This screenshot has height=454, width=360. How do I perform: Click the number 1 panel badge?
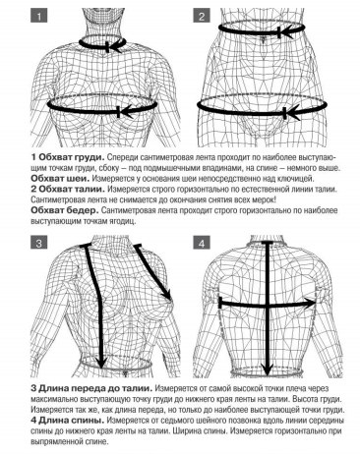click(x=38, y=16)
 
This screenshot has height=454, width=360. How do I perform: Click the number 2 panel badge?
click(x=202, y=16)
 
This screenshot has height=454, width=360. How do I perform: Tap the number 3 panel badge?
click(x=38, y=244)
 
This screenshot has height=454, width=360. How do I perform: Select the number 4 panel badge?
click(x=202, y=244)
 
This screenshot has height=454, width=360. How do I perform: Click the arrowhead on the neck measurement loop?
click(x=115, y=46)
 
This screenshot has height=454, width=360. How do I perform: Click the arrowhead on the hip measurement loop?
click(x=292, y=112)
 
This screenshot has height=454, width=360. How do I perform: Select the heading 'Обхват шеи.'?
click(x=60, y=179)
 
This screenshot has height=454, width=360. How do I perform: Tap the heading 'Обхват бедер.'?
click(x=65, y=210)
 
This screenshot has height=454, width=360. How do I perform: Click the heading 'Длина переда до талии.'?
click(x=95, y=389)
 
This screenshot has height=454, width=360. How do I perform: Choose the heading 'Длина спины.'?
click(x=72, y=421)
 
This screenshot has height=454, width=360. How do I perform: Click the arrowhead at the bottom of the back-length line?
click(x=268, y=369)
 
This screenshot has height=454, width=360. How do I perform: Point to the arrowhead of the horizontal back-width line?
click(x=310, y=304)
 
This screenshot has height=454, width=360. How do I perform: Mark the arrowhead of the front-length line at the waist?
click(x=102, y=363)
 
